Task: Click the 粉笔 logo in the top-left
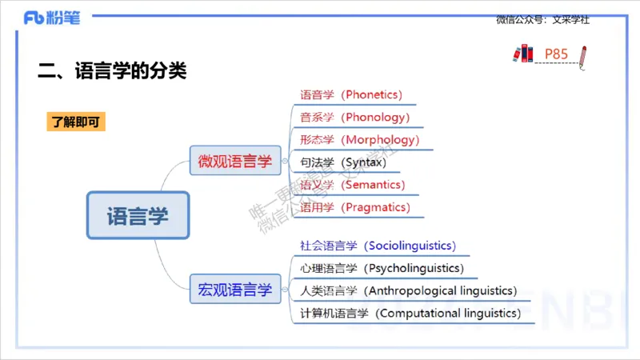click(x=52, y=18)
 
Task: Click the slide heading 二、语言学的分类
click(x=112, y=70)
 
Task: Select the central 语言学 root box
click(x=138, y=215)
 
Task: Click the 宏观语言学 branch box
click(x=235, y=290)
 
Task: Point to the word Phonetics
click(x=372, y=94)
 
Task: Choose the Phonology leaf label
click(x=376, y=117)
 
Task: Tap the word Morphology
click(x=382, y=140)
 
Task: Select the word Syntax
click(x=364, y=162)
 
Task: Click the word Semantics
click(x=376, y=185)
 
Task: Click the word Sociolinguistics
click(x=410, y=246)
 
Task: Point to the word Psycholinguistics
click(x=413, y=268)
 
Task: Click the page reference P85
click(x=556, y=54)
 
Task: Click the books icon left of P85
click(x=523, y=54)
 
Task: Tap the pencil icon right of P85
click(x=583, y=56)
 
